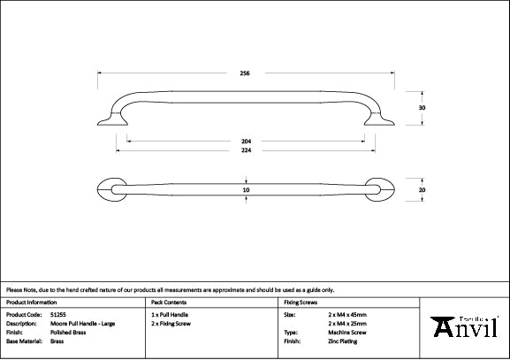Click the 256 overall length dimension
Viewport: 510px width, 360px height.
point(245,73)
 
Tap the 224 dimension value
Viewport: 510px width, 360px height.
point(246,150)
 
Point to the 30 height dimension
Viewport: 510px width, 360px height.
point(422,107)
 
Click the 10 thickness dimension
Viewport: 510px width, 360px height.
point(246,189)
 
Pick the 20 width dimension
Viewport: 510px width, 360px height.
point(422,189)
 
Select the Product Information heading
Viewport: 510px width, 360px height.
point(30,302)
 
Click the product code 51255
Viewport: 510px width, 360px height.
point(57,314)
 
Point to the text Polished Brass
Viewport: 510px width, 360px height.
point(69,332)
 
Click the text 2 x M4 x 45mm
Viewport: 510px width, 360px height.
point(346,314)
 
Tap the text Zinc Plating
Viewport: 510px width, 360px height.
point(340,341)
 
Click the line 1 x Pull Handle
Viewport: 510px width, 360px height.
point(170,314)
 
